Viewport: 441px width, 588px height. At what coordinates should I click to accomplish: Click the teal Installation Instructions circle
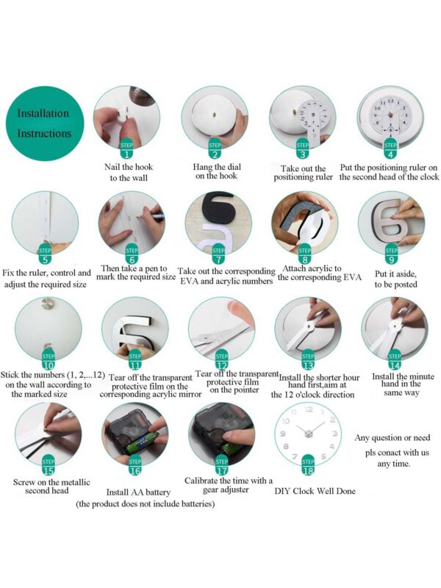click(45, 123)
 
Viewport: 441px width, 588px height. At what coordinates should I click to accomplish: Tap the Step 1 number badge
click(126, 151)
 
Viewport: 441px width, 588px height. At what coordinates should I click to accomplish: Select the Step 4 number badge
click(390, 151)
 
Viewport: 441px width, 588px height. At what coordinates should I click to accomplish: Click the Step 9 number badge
click(391, 255)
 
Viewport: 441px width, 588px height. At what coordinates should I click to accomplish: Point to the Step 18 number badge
click(308, 467)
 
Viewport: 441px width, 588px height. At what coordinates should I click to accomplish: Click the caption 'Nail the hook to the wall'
click(129, 172)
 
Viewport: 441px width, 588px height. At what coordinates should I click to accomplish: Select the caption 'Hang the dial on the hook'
click(217, 171)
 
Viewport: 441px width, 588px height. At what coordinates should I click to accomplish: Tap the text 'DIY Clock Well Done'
click(315, 491)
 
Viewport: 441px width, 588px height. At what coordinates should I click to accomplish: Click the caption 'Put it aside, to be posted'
click(395, 279)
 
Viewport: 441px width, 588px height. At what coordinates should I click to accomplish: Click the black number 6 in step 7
click(218, 208)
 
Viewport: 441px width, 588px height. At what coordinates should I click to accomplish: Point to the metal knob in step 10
click(48, 304)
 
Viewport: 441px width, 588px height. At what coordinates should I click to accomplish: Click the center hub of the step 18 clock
click(308, 434)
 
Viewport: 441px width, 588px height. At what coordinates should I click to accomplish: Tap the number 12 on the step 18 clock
click(308, 409)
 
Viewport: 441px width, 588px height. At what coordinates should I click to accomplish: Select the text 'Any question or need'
click(392, 437)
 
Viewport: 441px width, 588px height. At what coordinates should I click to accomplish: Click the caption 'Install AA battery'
click(138, 492)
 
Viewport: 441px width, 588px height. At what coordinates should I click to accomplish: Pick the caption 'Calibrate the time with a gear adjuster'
click(229, 485)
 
